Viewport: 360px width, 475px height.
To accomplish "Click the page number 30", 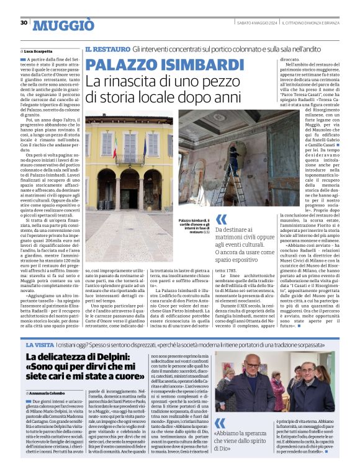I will pyautogui.click(x=24, y=23).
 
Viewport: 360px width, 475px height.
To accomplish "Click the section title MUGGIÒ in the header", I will pyautogui.click(x=63, y=25).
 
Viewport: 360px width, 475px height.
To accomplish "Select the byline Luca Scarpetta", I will pyautogui.click(x=38, y=51).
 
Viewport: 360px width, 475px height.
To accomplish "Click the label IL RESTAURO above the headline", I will pyautogui.click(x=107, y=48).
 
